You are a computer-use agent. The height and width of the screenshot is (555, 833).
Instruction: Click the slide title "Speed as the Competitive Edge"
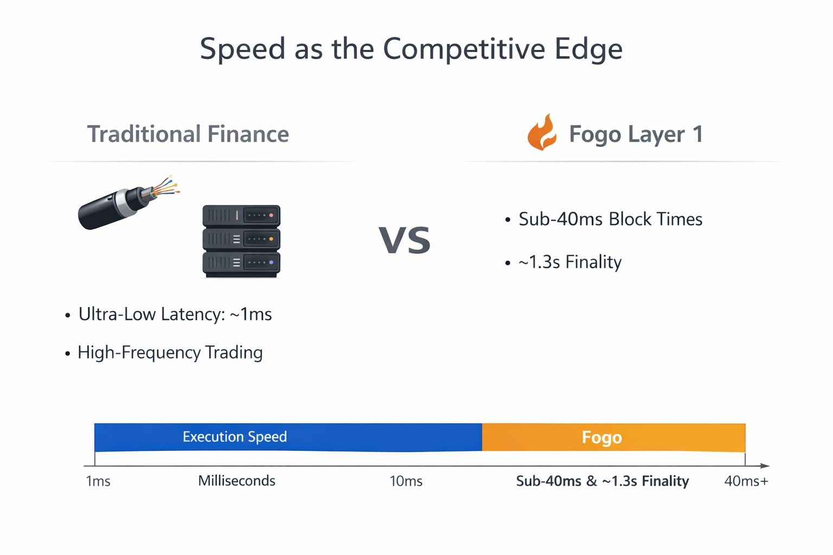[411, 49]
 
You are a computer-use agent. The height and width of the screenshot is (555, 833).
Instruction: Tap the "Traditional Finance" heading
[188, 134]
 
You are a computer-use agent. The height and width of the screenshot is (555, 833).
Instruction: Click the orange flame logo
[542, 132]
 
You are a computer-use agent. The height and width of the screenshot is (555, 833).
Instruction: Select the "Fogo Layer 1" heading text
[636, 134]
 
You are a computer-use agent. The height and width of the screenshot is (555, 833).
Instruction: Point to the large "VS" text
[405, 240]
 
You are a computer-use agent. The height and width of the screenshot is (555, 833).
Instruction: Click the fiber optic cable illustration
[129, 202]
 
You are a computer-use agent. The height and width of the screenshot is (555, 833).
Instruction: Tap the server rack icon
[241, 241]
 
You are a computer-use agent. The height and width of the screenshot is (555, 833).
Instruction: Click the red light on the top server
[271, 215]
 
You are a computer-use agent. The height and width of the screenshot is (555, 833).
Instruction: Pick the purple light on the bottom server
[271, 262]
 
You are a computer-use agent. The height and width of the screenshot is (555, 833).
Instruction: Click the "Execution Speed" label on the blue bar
[235, 437]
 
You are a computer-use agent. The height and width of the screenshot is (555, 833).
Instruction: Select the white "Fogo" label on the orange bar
[601, 437]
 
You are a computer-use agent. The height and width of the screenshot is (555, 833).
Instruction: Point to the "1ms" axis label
[98, 481]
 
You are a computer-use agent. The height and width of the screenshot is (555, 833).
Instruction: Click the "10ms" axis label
[406, 481]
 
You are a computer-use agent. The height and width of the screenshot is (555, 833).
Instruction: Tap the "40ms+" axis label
[746, 481]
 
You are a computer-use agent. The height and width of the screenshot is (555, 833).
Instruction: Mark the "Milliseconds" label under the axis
[236, 481]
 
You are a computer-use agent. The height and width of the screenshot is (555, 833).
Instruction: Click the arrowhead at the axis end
[765, 466]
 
